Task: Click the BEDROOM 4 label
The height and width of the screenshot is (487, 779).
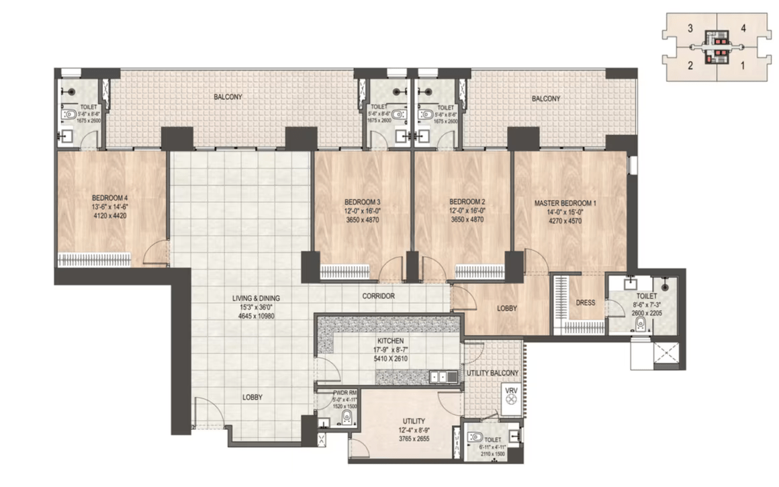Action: coord(110,197)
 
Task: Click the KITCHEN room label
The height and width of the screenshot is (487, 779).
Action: coord(389,341)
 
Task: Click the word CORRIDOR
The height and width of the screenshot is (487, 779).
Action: coord(377,296)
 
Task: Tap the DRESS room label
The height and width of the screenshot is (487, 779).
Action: coord(586,302)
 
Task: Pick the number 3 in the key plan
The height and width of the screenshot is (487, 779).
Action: coord(690,28)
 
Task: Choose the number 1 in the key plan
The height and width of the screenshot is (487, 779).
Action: coord(743,65)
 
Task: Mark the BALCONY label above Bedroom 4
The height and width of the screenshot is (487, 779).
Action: coord(228,97)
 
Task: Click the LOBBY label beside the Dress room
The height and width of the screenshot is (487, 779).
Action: coord(506,308)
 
